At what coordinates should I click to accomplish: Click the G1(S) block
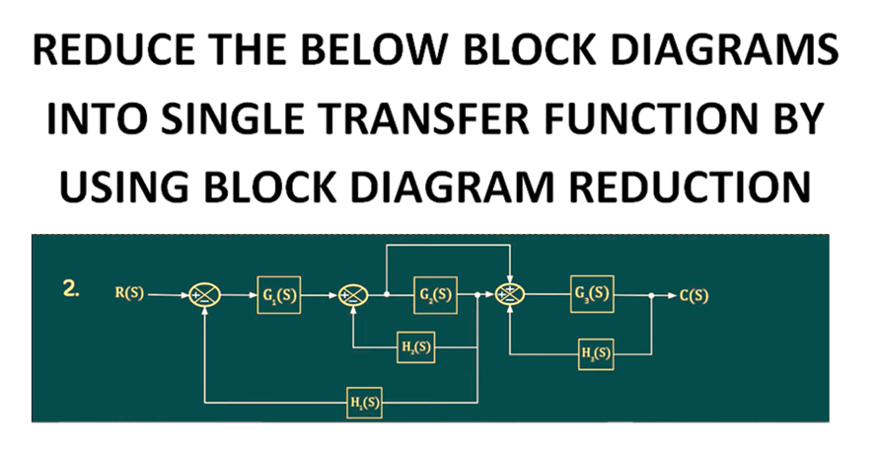(x=280, y=295)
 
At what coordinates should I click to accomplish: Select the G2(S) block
(x=435, y=295)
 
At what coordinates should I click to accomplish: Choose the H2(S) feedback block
(x=417, y=347)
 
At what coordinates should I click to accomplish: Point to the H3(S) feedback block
(x=596, y=353)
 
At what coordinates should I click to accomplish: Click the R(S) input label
(x=129, y=294)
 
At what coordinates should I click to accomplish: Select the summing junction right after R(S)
(x=205, y=295)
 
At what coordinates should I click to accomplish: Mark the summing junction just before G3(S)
(x=509, y=294)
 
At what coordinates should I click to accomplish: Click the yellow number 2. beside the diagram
(x=71, y=289)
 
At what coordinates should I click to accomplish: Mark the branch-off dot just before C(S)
(x=652, y=295)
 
